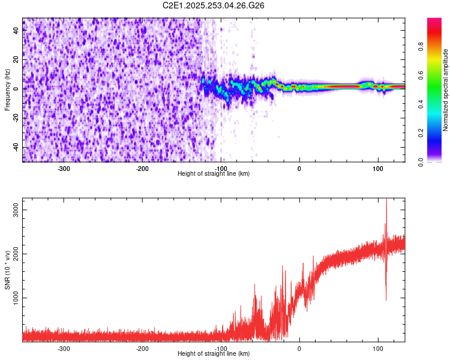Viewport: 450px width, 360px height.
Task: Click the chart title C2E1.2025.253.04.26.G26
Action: point(214,5)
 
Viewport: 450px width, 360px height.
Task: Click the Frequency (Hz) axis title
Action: point(7,89)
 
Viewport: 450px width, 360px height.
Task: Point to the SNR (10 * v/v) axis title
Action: point(7,269)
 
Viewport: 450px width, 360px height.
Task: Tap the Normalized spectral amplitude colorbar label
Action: point(445,91)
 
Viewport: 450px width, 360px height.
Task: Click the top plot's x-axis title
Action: point(214,173)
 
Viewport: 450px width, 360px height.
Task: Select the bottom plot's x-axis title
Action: point(214,353)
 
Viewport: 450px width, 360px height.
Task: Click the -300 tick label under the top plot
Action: point(64,168)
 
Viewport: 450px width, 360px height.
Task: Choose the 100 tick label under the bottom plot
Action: point(378,348)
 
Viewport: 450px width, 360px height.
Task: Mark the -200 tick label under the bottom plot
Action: point(142,348)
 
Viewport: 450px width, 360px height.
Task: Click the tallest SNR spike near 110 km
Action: point(386,202)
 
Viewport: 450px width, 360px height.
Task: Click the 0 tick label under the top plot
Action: point(299,168)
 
